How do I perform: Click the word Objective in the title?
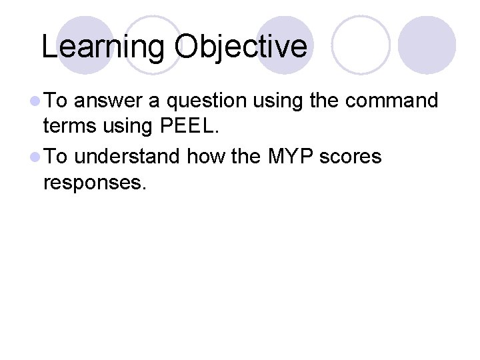tap(241, 47)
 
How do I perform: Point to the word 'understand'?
tap(127, 157)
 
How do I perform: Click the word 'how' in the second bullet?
tap(203, 157)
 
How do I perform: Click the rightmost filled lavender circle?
tap(427, 44)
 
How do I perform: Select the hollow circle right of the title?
tap(360, 44)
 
